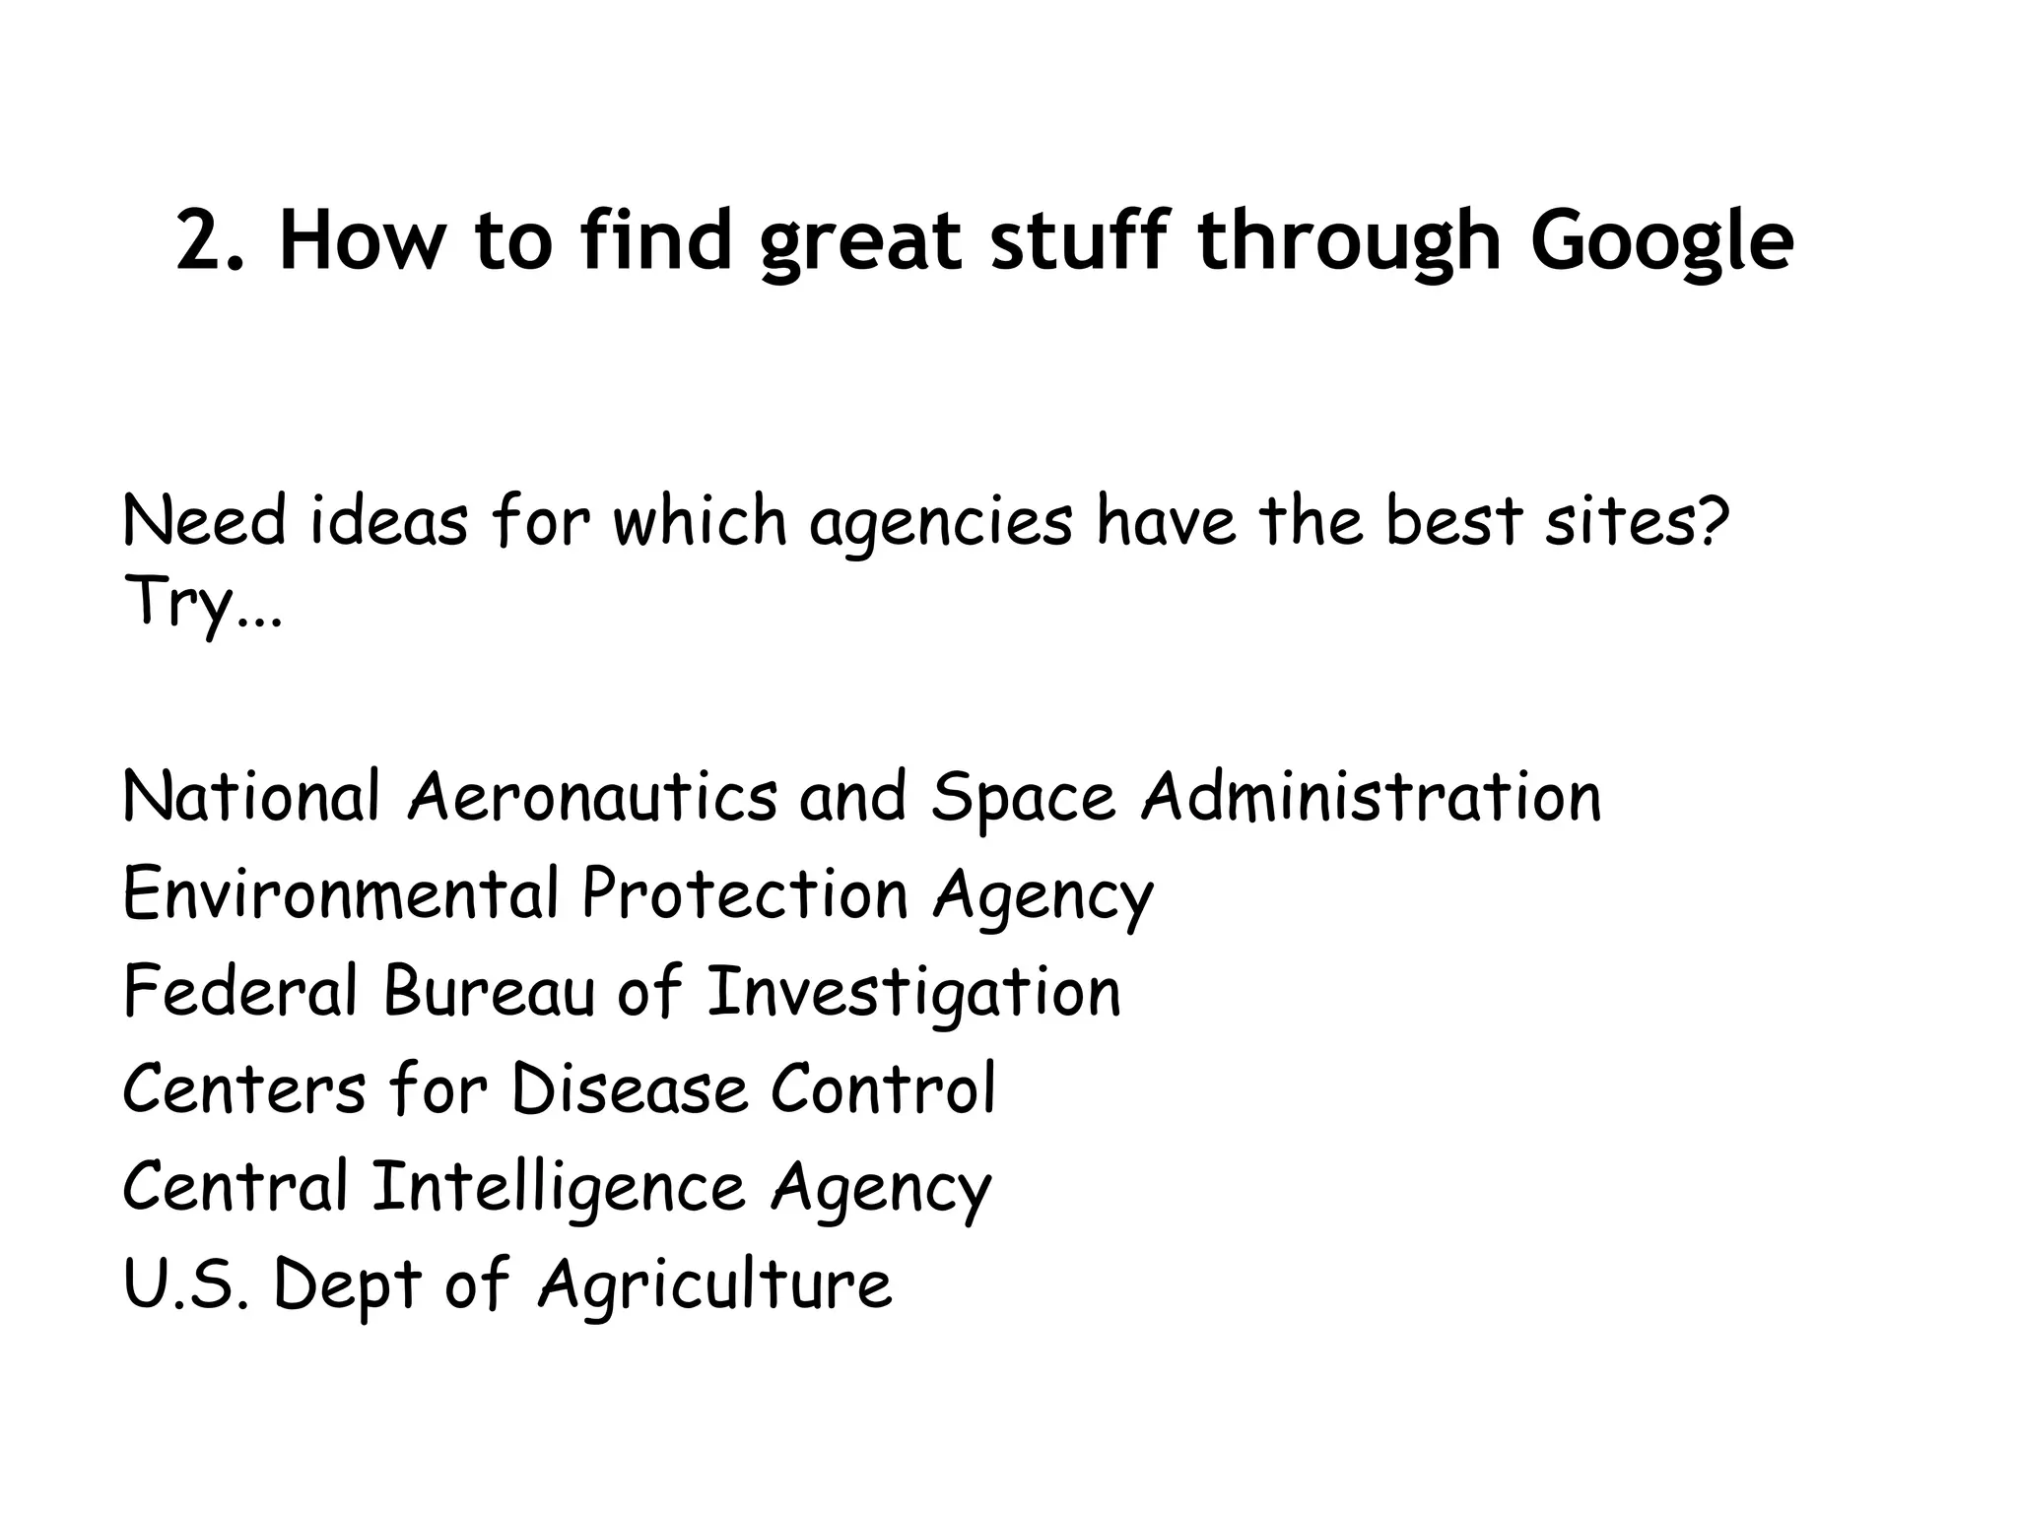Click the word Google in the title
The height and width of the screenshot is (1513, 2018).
(x=1661, y=241)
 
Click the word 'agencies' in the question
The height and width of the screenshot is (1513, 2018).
(x=940, y=522)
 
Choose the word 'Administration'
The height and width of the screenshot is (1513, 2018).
(x=1371, y=796)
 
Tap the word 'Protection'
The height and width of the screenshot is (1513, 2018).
(x=745, y=893)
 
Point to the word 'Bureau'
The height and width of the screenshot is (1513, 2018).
(x=490, y=991)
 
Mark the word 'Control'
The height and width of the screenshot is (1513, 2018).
(x=883, y=1088)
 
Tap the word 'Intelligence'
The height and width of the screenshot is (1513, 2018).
(x=559, y=1187)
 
